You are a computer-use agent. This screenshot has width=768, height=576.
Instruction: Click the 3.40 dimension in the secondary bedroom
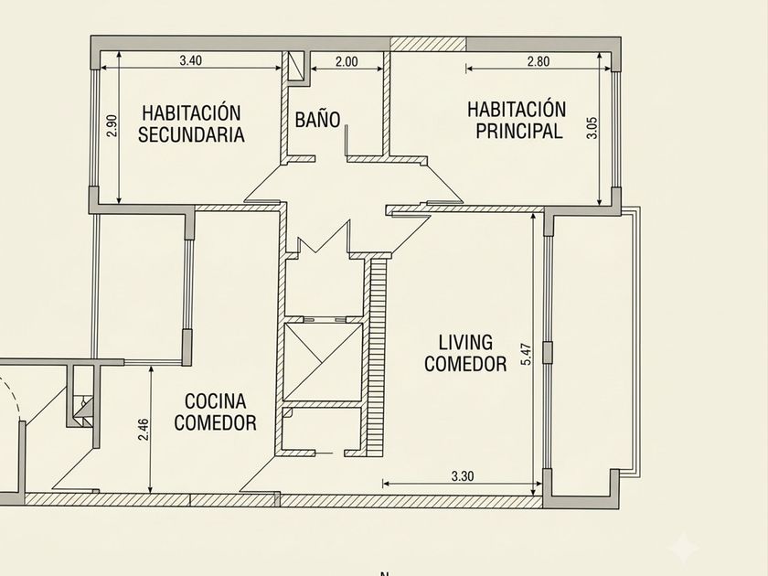(190, 60)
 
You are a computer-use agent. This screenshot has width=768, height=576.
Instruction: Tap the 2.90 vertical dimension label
(112, 126)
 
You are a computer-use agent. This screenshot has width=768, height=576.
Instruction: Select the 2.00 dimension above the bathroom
(347, 62)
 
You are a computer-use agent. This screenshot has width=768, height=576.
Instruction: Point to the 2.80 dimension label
(539, 62)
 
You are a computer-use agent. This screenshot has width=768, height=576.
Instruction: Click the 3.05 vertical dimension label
(592, 128)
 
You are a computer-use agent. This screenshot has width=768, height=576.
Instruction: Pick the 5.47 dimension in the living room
(526, 354)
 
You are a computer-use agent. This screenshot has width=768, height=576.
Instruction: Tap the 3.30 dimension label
(463, 476)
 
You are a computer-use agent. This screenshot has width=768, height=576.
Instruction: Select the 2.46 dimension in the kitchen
(143, 429)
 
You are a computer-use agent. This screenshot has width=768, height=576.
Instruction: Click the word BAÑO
(317, 120)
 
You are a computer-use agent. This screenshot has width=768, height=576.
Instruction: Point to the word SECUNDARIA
(191, 134)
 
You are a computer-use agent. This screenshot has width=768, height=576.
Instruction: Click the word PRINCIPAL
(519, 131)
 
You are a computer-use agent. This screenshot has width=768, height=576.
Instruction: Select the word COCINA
(216, 401)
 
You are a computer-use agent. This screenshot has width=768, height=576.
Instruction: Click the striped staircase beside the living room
(379, 357)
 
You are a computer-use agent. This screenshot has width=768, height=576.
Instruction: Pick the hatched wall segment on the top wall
(428, 44)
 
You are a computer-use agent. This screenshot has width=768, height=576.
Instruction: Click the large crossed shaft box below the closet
(323, 362)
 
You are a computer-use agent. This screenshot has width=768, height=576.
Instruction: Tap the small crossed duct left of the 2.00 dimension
(296, 66)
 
